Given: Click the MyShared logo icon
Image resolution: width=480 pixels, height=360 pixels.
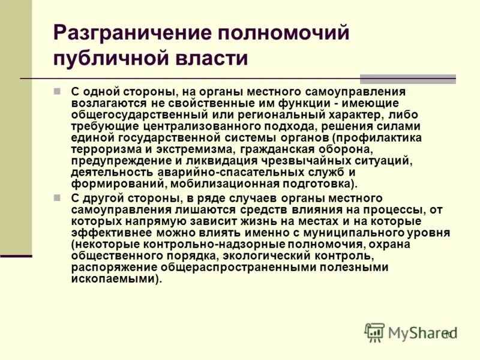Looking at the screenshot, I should tap(375, 332).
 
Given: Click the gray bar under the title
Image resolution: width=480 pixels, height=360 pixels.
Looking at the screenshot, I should tap(407, 79).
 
